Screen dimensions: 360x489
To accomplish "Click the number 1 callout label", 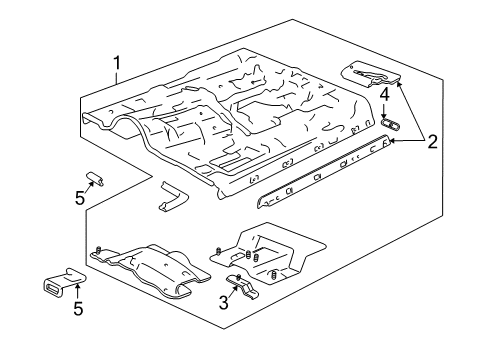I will coord(117,67).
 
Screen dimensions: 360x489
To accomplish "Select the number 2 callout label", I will coord(432,141).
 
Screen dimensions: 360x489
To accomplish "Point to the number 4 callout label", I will coord(384,95).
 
